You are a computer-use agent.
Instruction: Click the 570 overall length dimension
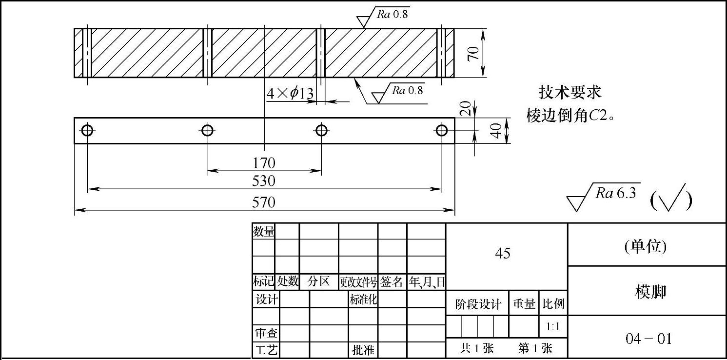(x=264, y=202)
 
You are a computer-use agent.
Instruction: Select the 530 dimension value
(x=264, y=181)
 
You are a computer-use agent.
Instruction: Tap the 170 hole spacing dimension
(x=264, y=162)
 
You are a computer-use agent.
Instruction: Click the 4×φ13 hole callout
(x=290, y=93)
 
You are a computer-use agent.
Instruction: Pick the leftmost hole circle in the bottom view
(x=87, y=130)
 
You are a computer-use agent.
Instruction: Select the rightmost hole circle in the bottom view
(x=442, y=130)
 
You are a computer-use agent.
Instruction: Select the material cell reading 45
(x=503, y=253)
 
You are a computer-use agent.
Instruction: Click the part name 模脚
(x=650, y=292)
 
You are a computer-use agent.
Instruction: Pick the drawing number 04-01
(x=648, y=339)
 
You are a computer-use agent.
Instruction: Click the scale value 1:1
(x=553, y=326)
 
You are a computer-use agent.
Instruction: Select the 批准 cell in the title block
(x=363, y=350)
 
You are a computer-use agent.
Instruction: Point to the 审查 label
(x=266, y=333)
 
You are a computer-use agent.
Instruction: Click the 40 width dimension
(x=496, y=130)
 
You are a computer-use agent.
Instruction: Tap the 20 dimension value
(x=466, y=108)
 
